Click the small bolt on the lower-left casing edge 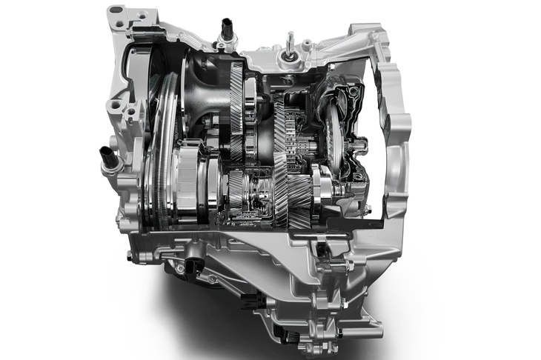130,256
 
